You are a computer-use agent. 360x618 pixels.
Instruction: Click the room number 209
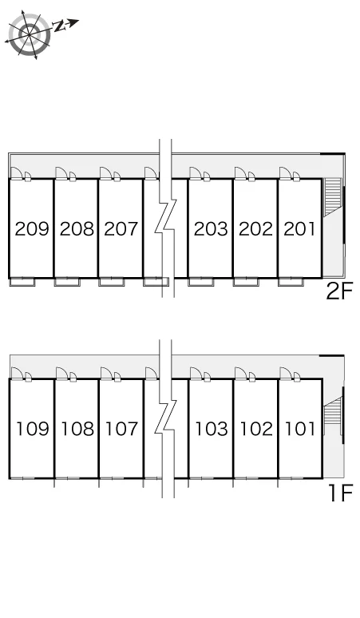click(x=32, y=228)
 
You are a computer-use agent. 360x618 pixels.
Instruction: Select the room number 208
click(x=77, y=228)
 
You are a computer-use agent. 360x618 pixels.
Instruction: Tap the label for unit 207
click(x=121, y=228)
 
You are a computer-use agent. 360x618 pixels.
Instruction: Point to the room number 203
click(x=211, y=228)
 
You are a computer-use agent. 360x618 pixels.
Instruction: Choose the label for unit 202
click(x=255, y=228)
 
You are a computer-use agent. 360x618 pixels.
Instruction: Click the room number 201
click(x=300, y=228)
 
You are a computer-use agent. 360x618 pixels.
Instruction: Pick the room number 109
click(x=33, y=429)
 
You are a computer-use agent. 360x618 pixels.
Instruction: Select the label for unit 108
click(x=77, y=429)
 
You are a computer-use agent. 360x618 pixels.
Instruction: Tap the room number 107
click(x=121, y=429)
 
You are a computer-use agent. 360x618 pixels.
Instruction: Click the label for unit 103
click(x=212, y=429)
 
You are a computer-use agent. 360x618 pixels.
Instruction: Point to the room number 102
click(x=256, y=429)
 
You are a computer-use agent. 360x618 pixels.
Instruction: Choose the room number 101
click(x=300, y=429)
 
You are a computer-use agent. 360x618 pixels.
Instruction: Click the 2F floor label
click(x=339, y=291)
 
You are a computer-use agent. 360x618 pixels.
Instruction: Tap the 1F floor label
click(x=341, y=493)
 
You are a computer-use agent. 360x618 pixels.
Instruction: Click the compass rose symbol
click(x=30, y=34)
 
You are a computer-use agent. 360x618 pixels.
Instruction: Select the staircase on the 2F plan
click(x=332, y=197)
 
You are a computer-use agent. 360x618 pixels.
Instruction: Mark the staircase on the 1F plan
click(x=331, y=416)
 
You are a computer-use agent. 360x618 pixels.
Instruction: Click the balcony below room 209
click(x=22, y=282)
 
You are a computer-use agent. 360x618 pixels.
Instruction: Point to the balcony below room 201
click(x=291, y=282)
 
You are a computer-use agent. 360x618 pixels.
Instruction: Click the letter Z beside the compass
click(x=59, y=26)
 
